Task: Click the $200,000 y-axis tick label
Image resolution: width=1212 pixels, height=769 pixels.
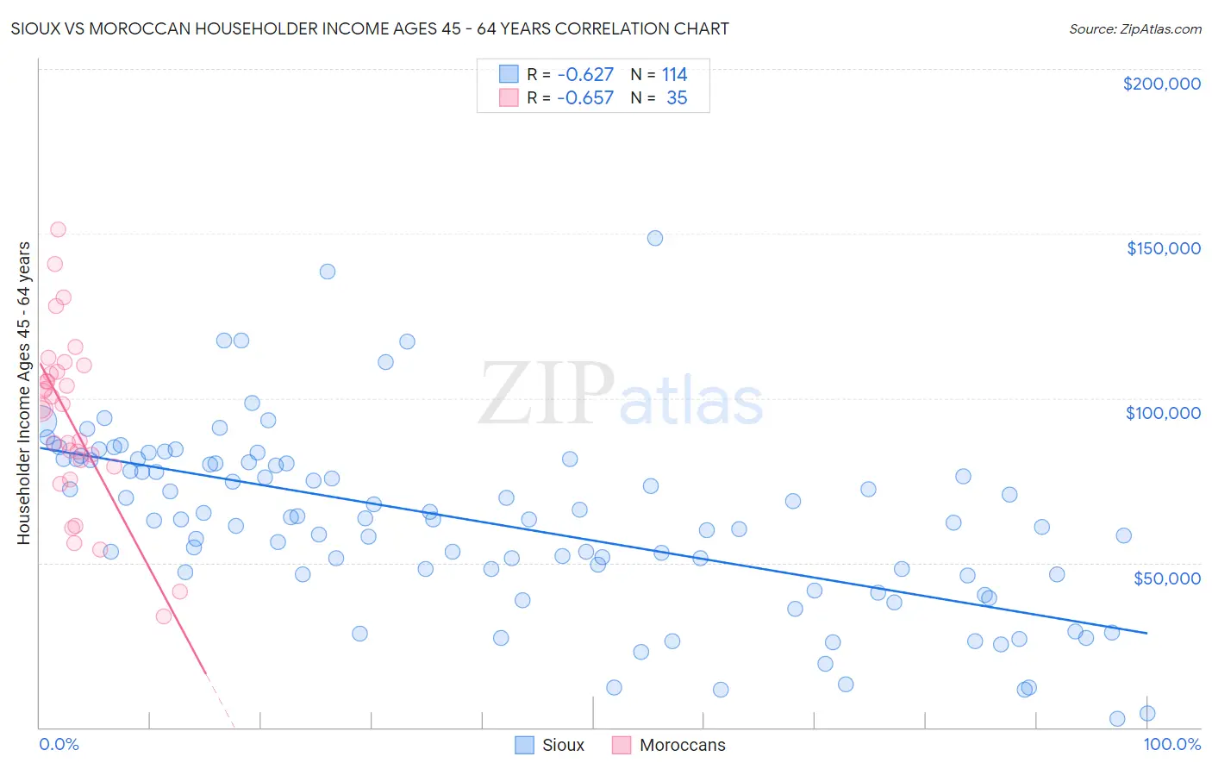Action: (x=1161, y=84)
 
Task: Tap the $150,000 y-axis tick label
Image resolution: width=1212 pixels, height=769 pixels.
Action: (x=1163, y=248)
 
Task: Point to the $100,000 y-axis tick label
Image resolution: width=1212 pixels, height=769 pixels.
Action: (x=1163, y=413)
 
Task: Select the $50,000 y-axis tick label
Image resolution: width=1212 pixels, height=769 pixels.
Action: (x=1166, y=578)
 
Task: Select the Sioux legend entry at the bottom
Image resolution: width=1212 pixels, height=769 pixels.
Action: (x=562, y=745)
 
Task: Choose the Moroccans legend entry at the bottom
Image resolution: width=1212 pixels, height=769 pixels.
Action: (x=682, y=745)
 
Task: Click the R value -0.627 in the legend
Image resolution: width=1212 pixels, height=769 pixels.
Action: (x=585, y=75)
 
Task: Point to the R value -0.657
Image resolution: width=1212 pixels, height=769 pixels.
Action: (x=585, y=98)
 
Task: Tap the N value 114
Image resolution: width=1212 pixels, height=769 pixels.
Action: (x=674, y=75)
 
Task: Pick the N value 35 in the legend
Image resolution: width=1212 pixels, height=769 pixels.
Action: (x=677, y=98)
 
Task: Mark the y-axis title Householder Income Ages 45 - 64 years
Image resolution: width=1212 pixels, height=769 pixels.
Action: (x=24, y=392)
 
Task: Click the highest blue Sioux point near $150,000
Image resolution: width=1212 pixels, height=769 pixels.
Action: (x=655, y=238)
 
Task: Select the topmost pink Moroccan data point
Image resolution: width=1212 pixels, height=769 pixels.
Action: (x=58, y=229)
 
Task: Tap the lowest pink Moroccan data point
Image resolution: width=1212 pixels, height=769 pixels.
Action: (x=163, y=616)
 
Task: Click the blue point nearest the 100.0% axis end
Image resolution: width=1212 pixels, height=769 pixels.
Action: (x=1146, y=713)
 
